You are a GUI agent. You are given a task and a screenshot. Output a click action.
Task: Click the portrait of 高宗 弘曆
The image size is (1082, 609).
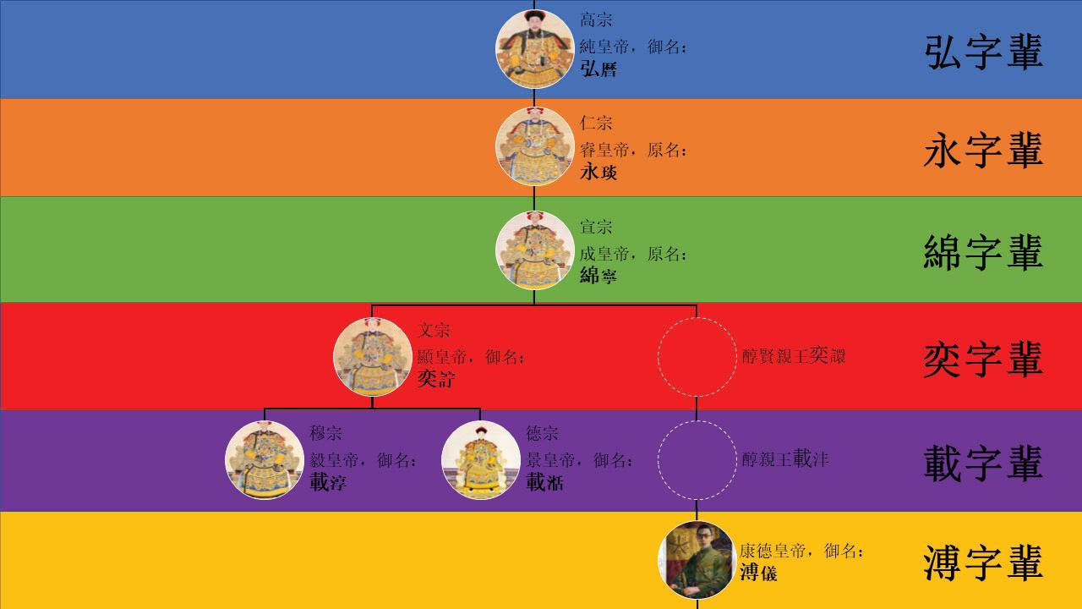tap(534, 49)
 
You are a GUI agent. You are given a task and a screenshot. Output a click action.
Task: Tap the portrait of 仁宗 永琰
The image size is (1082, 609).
tap(534, 146)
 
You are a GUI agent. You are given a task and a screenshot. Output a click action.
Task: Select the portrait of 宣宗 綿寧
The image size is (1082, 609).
tap(534, 250)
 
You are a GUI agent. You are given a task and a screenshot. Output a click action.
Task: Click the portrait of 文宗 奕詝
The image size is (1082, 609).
tap(372, 357)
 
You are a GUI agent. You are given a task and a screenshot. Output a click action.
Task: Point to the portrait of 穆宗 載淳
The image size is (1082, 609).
tap(265, 460)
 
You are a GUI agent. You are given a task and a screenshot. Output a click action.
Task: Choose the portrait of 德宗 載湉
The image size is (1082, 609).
tap(480, 460)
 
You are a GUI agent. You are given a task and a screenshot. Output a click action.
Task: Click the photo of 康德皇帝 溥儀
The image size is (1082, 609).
tap(697, 560)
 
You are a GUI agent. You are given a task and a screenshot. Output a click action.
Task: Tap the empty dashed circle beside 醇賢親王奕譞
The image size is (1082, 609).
tap(697, 357)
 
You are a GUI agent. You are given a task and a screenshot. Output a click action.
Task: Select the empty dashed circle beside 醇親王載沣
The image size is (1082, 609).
tap(697, 460)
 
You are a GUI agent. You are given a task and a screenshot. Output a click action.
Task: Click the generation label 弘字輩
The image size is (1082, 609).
tap(983, 52)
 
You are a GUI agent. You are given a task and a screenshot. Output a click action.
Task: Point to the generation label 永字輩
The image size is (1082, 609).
tap(983, 151)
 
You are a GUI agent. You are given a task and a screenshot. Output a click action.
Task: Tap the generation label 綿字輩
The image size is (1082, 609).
tap(983, 253)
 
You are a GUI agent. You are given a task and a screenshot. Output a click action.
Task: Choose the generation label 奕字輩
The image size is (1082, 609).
tap(983, 359)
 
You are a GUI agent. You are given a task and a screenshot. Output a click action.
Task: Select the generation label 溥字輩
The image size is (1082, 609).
tap(983, 563)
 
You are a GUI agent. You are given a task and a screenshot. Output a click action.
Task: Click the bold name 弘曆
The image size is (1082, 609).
tap(598, 69)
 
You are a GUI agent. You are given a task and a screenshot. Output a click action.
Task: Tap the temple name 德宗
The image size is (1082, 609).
tap(542, 434)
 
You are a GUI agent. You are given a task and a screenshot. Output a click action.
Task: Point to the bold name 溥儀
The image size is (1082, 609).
tap(758, 573)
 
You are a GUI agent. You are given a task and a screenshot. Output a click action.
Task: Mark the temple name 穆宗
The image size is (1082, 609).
tap(325, 434)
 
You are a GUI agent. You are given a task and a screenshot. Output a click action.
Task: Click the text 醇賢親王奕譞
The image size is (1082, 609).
tap(793, 356)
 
